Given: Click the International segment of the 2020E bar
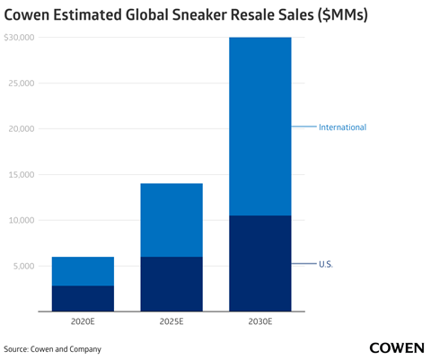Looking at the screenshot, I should (x=83, y=271).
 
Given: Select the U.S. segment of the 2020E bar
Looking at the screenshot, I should (x=83, y=298).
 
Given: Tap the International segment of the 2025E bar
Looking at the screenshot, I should (x=171, y=220).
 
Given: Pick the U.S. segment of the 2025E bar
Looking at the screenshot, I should (x=171, y=284).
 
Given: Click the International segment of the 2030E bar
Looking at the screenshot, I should (x=259, y=126).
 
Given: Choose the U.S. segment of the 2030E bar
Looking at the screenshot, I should (x=259, y=263).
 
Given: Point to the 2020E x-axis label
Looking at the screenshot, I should (x=83, y=320).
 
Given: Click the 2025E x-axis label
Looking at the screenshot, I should (x=171, y=320).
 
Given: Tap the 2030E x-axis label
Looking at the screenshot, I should (x=259, y=320).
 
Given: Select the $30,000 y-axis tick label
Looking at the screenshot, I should (x=19, y=38).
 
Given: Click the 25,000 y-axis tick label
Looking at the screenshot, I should (x=20, y=83).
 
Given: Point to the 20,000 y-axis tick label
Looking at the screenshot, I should (x=20, y=129).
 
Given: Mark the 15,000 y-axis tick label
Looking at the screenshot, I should (x=20, y=175).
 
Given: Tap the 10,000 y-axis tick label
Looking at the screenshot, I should (x=20, y=220).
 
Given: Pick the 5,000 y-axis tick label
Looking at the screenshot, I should (x=22, y=266).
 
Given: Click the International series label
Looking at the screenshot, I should (x=342, y=127).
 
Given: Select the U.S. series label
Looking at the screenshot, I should (x=326, y=264).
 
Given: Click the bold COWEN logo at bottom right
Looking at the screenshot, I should (x=397, y=347).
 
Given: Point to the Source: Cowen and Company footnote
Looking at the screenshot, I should (x=52, y=348).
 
